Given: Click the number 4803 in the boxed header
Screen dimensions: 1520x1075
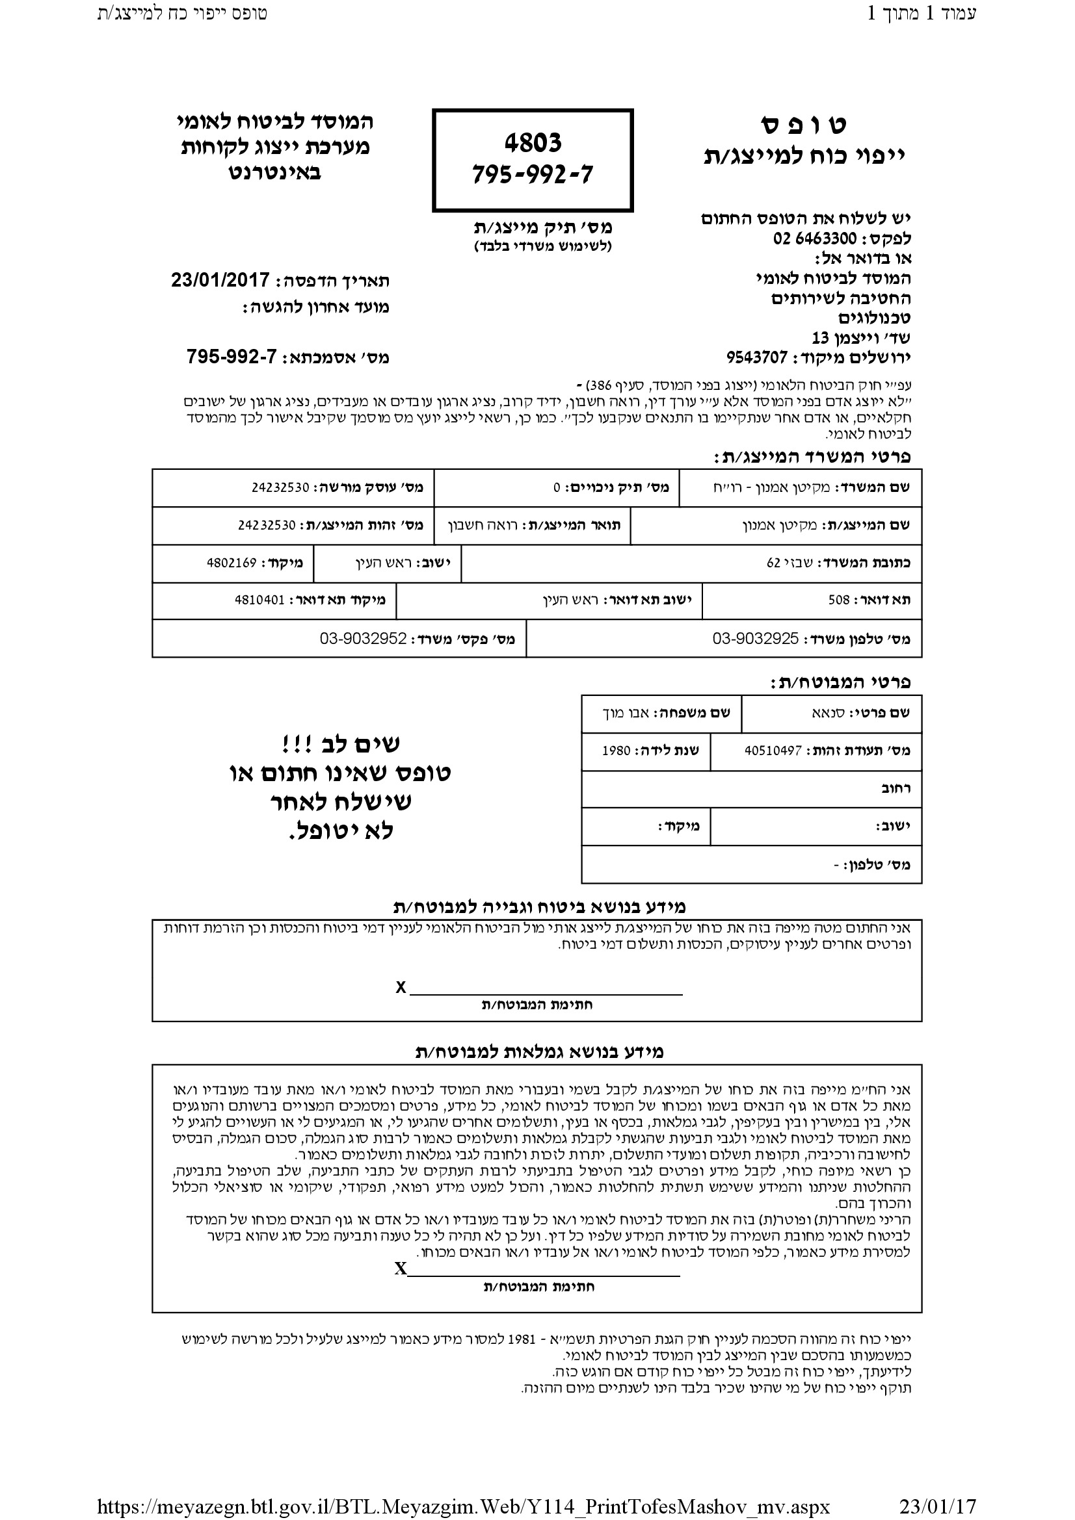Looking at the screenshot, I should [533, 142].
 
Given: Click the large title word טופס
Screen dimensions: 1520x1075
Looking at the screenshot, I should [803, 125].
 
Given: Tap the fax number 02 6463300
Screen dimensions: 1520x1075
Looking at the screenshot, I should [815, 238].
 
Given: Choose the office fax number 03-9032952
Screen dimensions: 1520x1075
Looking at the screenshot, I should [363, 639].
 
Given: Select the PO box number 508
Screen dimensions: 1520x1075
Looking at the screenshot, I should [838, 600].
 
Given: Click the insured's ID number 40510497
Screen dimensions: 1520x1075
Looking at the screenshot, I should [773, 751].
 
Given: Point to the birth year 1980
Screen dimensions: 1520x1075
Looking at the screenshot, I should [616, 751].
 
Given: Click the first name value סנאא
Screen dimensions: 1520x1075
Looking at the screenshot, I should [828, 713].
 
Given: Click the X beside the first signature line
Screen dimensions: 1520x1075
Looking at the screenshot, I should [401, 988].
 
